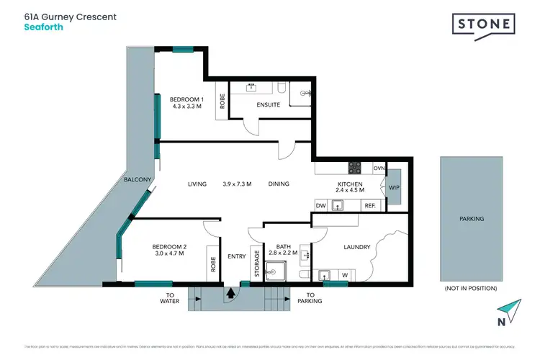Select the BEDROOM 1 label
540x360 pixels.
(x=185, y=99)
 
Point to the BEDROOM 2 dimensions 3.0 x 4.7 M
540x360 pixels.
(x=168, y=253)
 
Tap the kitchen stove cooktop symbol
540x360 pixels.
(x=355, y=168)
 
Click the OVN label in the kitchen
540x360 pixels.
(x=379, y=168)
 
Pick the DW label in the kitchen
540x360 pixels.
(x=322, y=206)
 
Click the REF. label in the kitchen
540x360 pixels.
(x=370, y=206)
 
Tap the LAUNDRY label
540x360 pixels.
(x=356, y=247)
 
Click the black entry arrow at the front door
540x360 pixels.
(x=230, y=293)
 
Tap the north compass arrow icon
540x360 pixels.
(x=511, y=308)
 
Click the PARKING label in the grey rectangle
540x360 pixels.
(x=472, y=218)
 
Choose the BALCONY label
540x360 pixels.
(x=137, y=179)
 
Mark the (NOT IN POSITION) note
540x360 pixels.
(x=472, y=288)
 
